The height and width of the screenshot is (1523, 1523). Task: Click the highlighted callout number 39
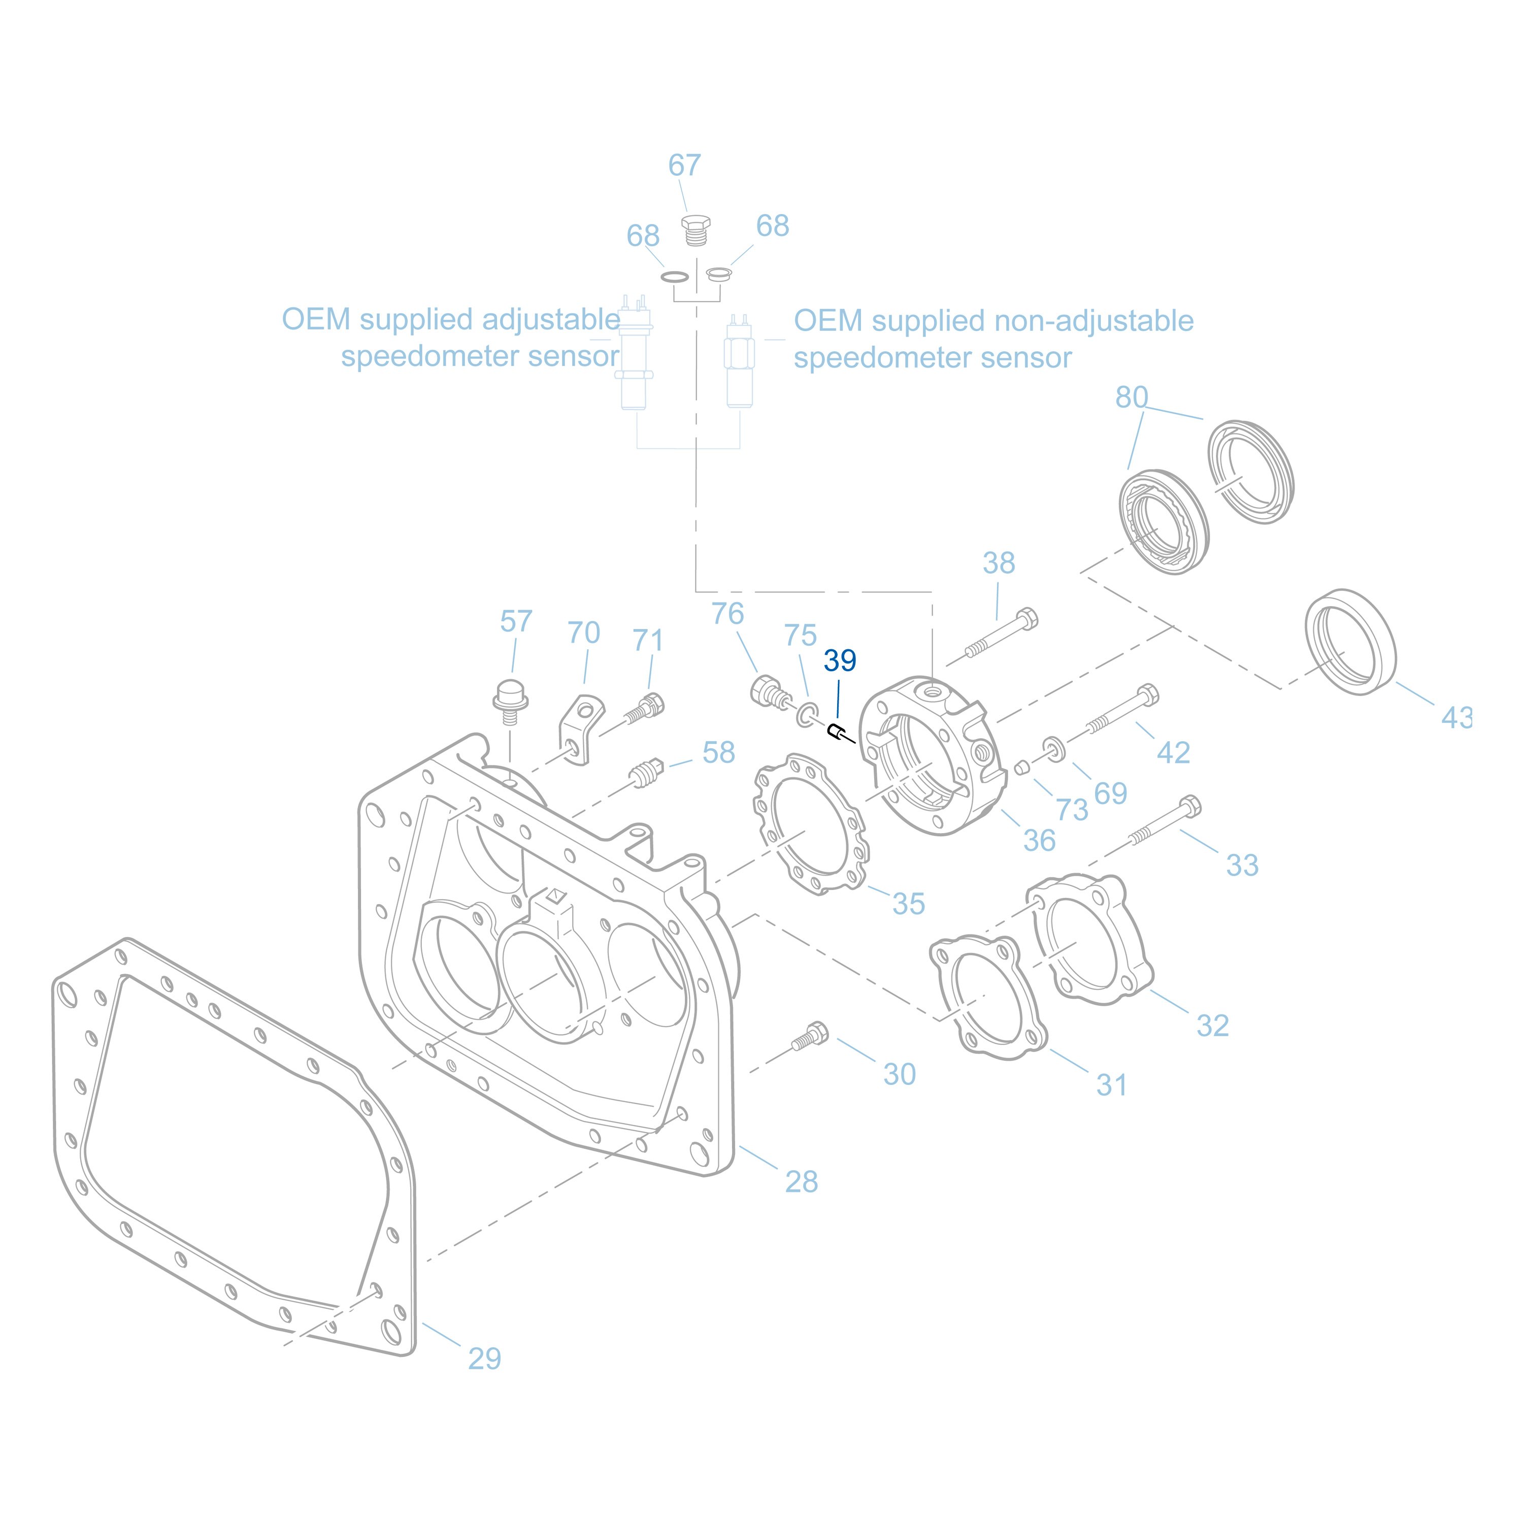(840, 660)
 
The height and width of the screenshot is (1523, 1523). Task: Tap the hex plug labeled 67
(696, 230)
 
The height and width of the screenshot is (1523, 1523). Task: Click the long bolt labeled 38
(1001, 637)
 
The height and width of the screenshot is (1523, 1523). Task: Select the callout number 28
(801, 1181)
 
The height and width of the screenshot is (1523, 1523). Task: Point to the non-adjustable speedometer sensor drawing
(740, 362)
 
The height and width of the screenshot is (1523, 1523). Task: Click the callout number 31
(1111, 1085)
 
